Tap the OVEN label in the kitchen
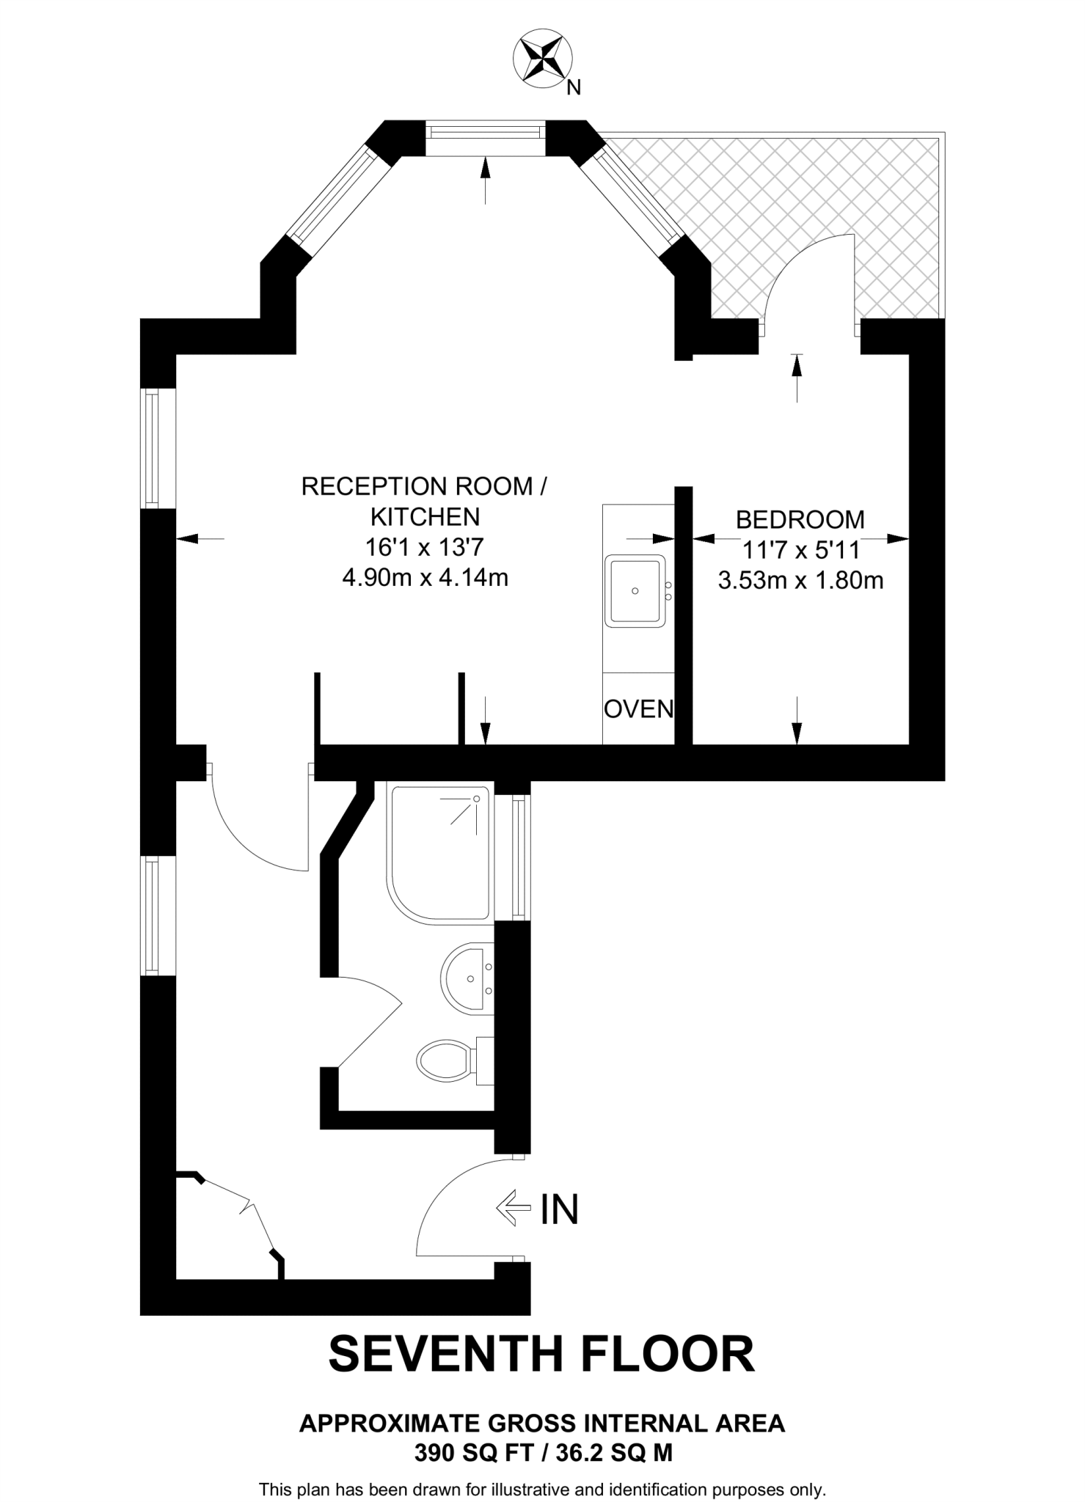pos(638,708)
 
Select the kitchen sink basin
pos(635,590)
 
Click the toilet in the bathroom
pos(445,1059)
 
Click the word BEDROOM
pos(800,519)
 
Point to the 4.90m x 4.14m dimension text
pos(425,578)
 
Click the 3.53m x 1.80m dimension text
pos(800,581)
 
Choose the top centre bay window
pos(486,132)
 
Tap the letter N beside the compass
pos(574,88)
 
